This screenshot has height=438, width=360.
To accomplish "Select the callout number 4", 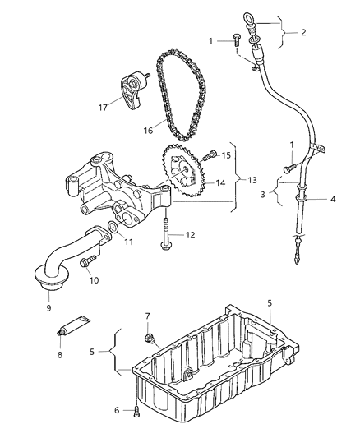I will pos(333,200).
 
